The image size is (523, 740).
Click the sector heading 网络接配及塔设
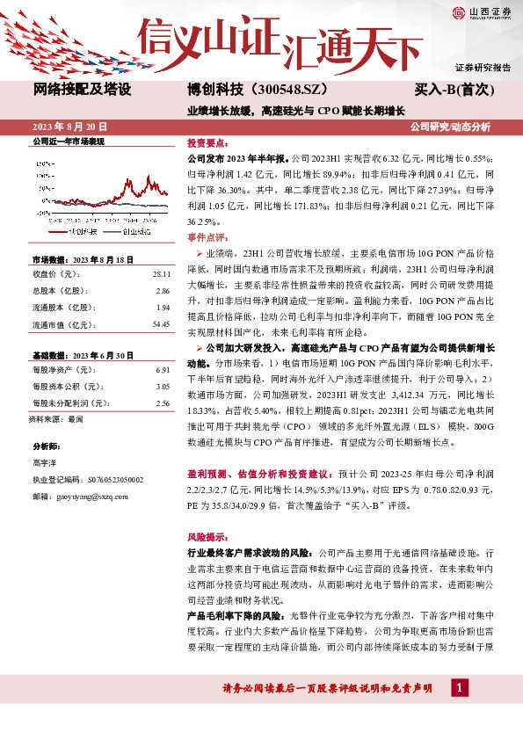[x=82, y=90]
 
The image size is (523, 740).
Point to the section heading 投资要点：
[x=207, y=143]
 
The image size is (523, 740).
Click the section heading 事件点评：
[x=207, y=238]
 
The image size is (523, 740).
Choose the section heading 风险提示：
[x=207, y=535]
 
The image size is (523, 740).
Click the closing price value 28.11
[x=160, y=274]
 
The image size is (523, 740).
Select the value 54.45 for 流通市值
[x=160, y=324]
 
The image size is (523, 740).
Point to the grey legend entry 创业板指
[x=131, y=230]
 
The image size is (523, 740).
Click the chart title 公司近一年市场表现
[x=69, y=141]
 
